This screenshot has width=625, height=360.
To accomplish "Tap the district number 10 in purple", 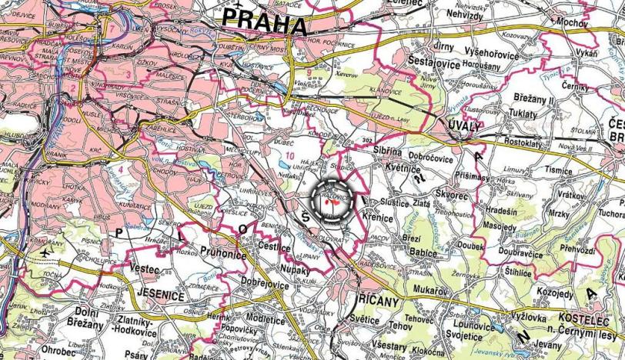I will [x=288, y=156].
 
